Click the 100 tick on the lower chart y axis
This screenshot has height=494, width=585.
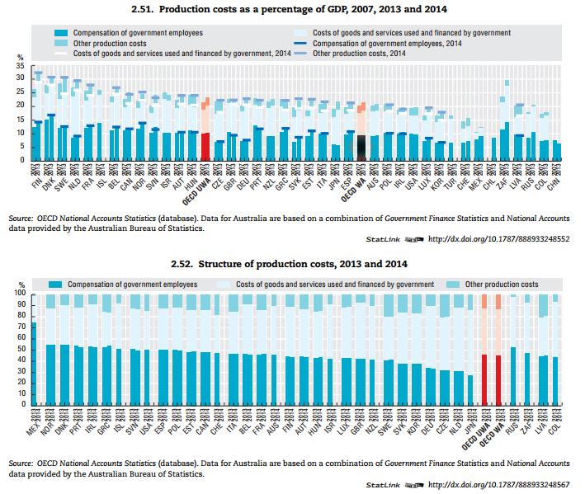coord(21,293)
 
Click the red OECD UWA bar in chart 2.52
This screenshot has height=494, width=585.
coord(484,379)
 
